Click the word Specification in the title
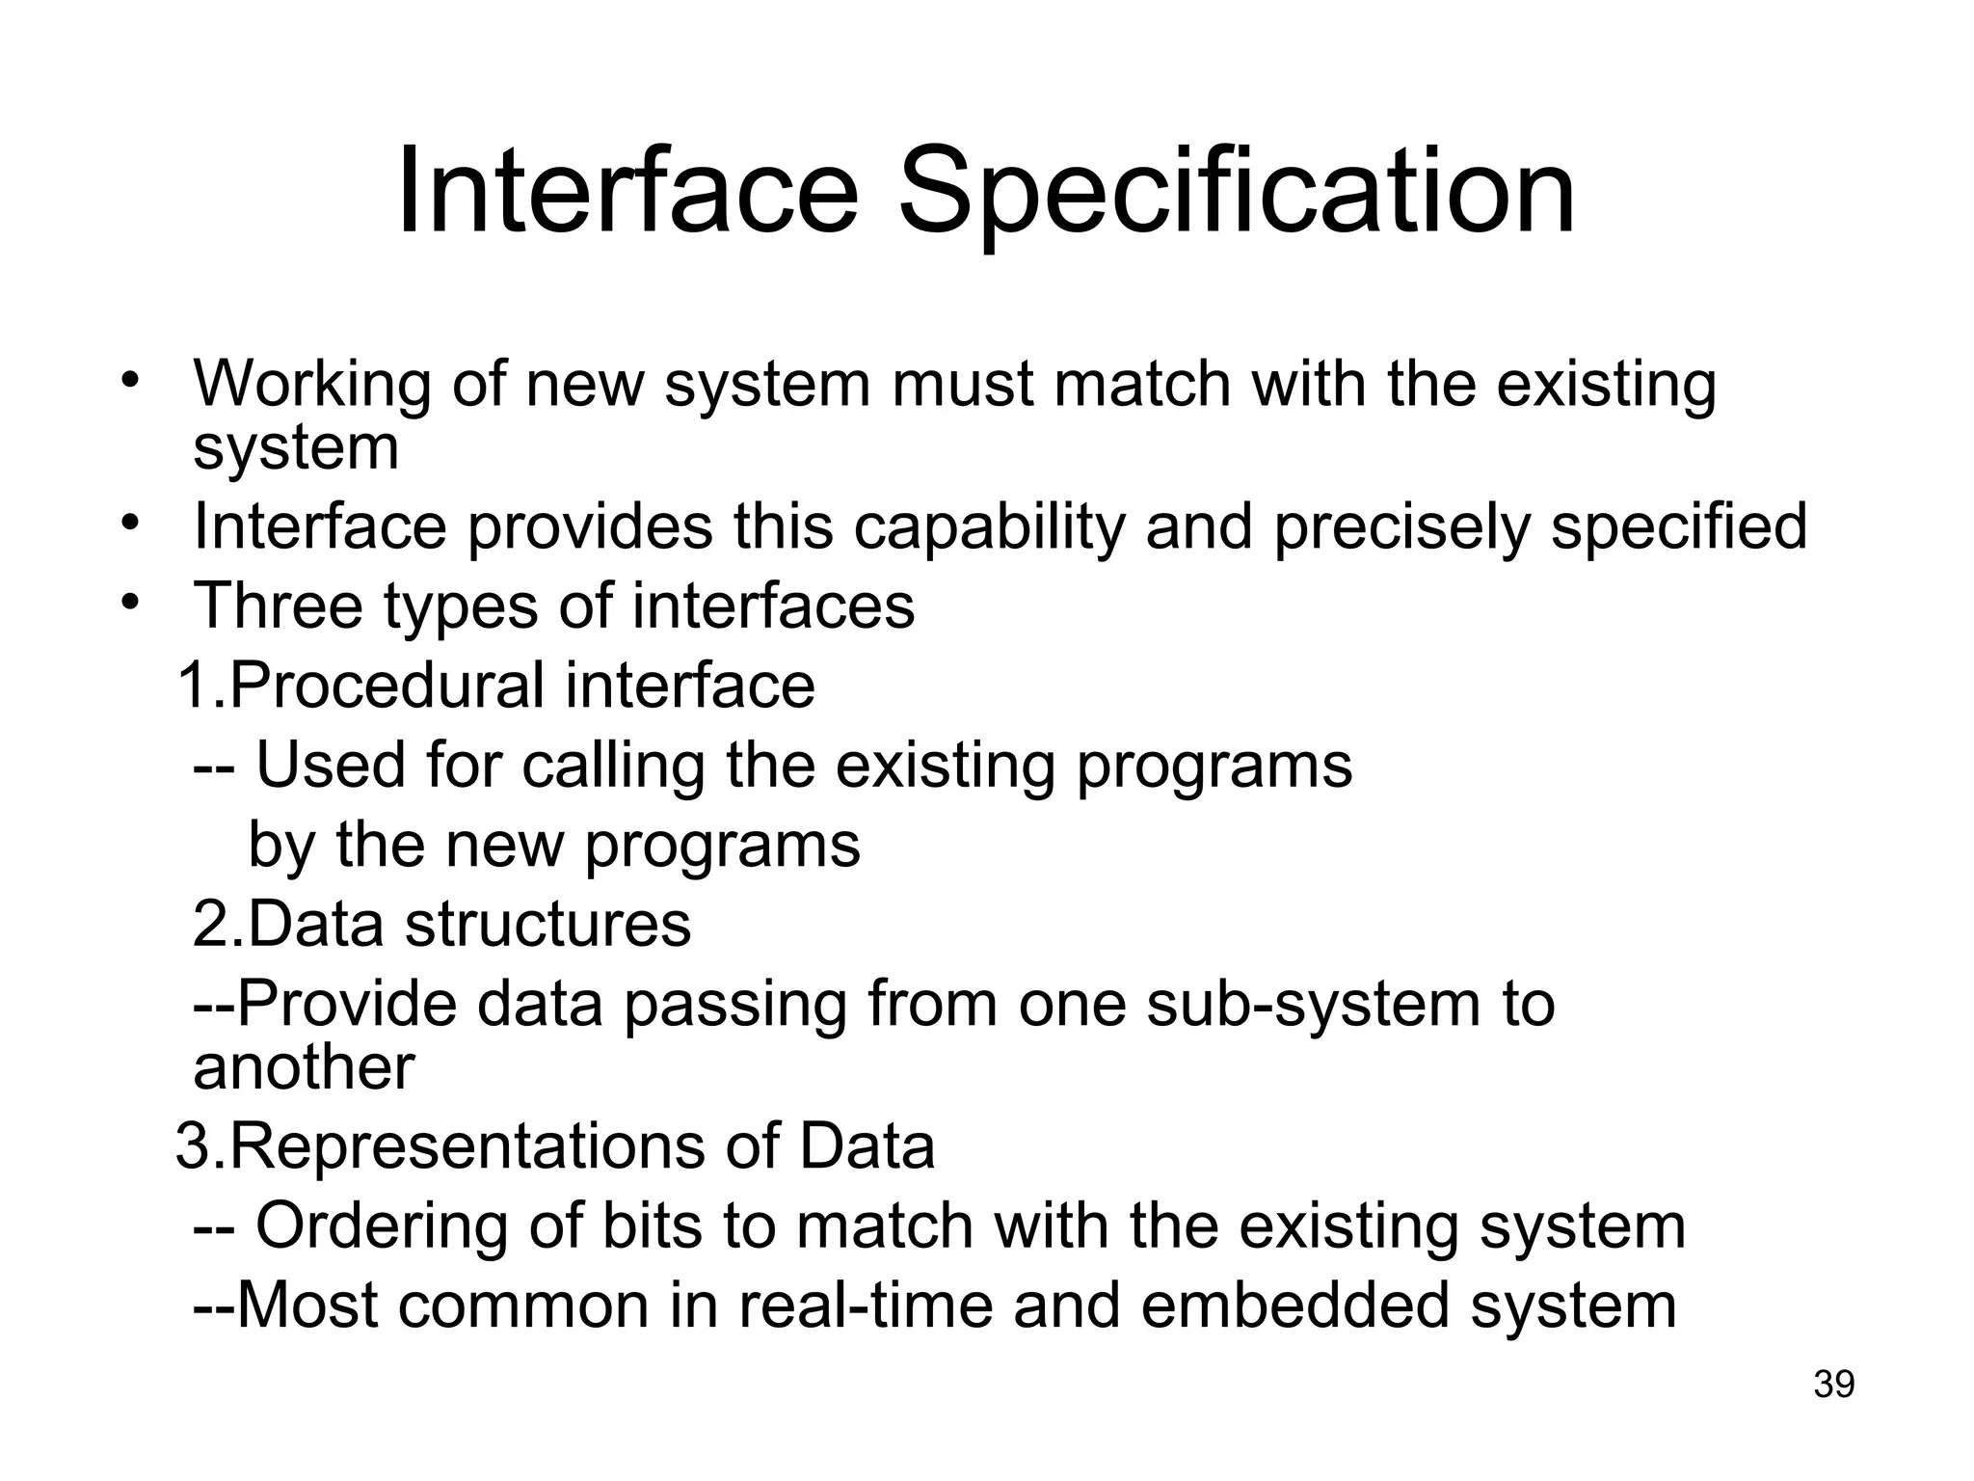point(1236,193)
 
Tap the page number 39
point(1833,1384)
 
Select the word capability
point(989,528)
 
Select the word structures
point(547,924)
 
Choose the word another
point(304,1067)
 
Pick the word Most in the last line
point(307,1306)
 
